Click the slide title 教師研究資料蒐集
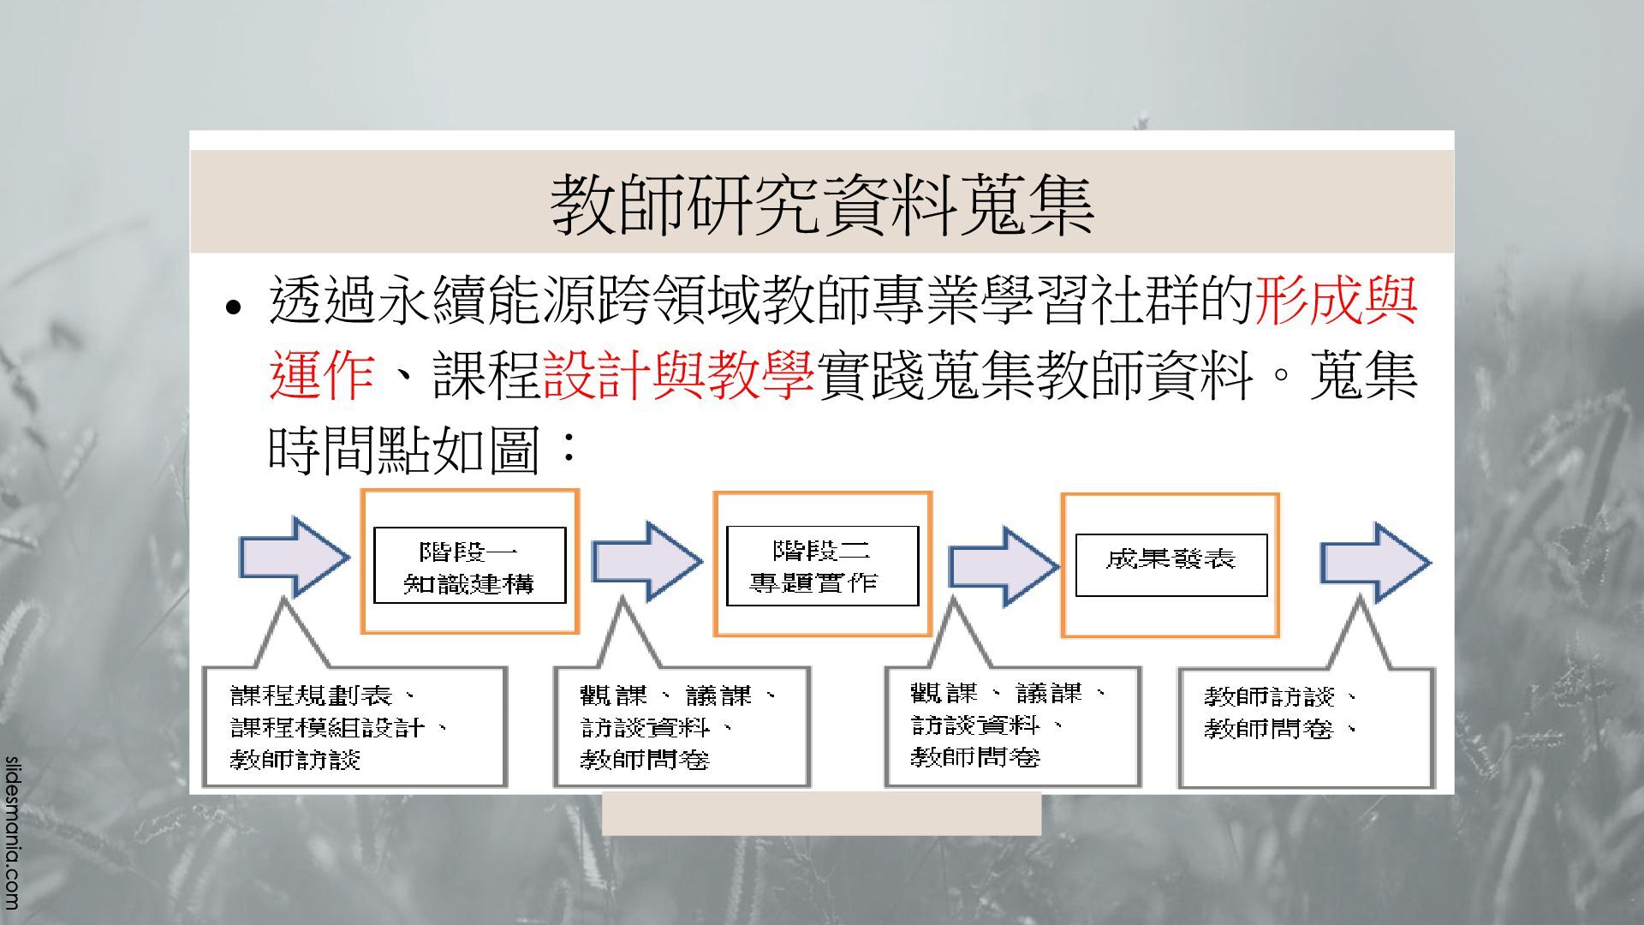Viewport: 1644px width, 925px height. [822, 204]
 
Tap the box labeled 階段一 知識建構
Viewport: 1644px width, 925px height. [469, 565]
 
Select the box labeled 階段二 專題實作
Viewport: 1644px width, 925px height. [822, 565]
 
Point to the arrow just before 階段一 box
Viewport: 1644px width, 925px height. [293, 558]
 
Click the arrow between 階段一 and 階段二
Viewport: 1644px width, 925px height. [646, 561]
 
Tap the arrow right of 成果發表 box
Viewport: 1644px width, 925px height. [1374, 563]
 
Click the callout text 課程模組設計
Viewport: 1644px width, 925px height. [327, 728]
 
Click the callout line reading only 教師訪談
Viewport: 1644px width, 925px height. [295, 760]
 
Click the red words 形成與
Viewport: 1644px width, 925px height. [1336, 301]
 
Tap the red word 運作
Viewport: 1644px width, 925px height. [322, 375]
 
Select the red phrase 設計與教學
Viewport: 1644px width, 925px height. [678, 375]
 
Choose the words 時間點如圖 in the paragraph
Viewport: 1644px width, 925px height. [402, 450]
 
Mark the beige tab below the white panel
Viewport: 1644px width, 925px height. [821, 814]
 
